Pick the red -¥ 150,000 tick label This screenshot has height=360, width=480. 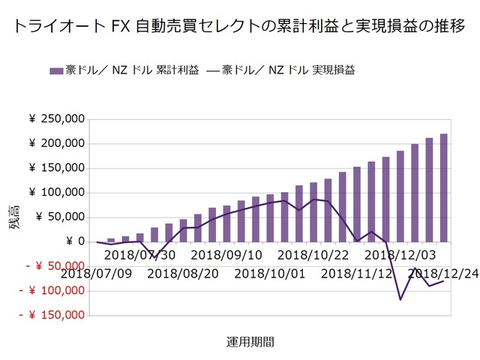pyautogui.click(x=51, y=315)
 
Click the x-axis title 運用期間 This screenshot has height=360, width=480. pyautogui.click(x=250, y=341)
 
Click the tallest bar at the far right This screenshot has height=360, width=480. pyautogui.click(x=443, y=187)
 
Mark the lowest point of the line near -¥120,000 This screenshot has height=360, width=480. pyautogui.click(x=400, y=300)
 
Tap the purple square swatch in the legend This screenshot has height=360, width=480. pyautogui.click(x=55, y=70)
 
